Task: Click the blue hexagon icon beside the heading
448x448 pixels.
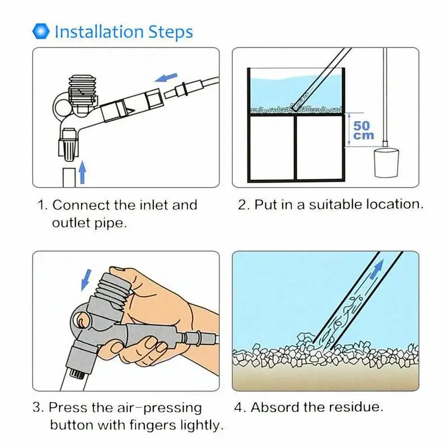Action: click(41, 31)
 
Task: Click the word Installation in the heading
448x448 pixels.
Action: click(99, 32)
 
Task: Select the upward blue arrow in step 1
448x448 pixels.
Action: click(82, 172)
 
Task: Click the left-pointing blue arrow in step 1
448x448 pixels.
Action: click(166, 77)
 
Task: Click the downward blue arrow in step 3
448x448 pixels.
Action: click(86, 279)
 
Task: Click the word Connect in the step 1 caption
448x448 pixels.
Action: click(81, 205)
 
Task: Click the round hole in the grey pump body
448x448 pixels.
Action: click(81, 319)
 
